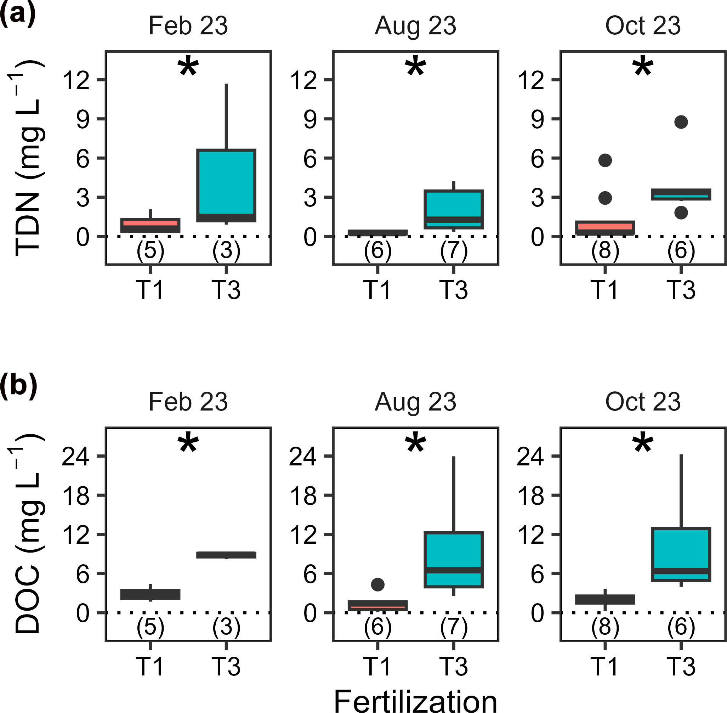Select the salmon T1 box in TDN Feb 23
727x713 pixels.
[x=150, y=225]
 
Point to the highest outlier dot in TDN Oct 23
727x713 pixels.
[x=681, y=122]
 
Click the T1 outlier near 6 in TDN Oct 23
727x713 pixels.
[x=605, y=160]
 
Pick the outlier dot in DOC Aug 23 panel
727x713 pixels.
[x=378, y=584]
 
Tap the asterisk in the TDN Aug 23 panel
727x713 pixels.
[x=415, y=67]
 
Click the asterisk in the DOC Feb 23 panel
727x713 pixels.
[x=188, y=444]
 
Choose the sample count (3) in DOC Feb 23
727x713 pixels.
[x=227, y=627]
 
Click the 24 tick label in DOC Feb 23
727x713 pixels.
[x=76, y=457]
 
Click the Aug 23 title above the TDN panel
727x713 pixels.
[x=415, y=26]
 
